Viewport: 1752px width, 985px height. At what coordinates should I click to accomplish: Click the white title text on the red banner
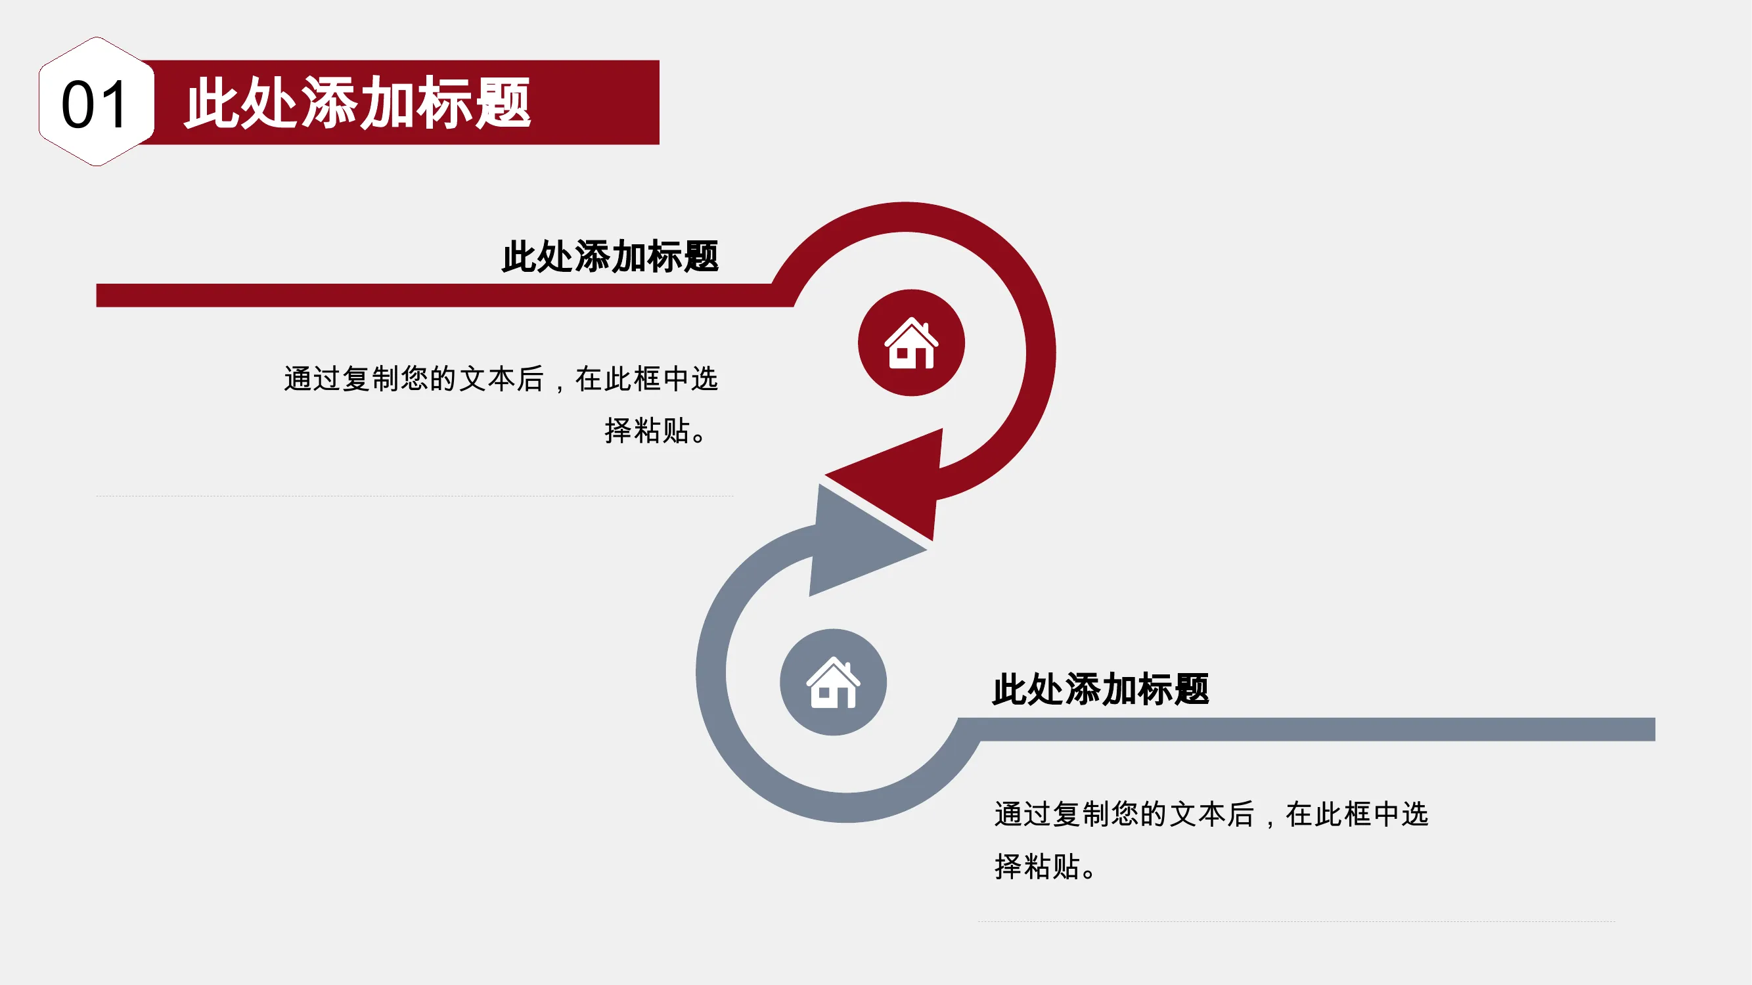click(358, 102)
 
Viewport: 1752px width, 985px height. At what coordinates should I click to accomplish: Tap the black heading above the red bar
click(610, 256)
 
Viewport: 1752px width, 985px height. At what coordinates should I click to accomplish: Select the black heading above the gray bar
click(1100, 689)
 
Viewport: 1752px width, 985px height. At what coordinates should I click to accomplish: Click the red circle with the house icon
click(911, 343)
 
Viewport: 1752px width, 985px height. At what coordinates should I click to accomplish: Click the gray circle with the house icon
click(833, 682)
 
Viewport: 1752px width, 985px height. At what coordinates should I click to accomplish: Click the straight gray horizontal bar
click(1306, 730)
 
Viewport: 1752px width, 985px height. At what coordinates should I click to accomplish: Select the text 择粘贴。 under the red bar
click(656, 430)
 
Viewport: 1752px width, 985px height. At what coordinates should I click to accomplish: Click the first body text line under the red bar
click(501, 379)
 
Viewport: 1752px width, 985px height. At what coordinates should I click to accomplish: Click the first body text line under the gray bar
click(1211, 814)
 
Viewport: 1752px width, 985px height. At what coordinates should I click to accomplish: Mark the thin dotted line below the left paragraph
click(415, 496)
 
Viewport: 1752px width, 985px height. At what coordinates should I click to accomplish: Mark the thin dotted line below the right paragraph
click(1296, 922)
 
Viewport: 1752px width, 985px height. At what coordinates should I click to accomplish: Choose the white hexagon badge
click(97, 101)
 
